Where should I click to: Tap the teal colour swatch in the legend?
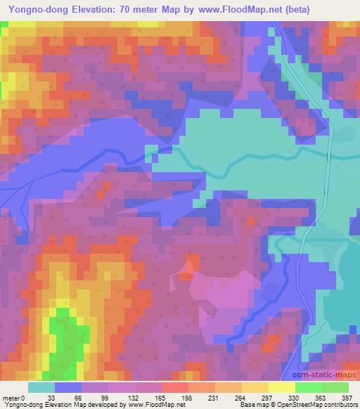coord(41,387)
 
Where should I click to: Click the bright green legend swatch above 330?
coord(308,387)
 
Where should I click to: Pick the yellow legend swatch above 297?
coord(281,387)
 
